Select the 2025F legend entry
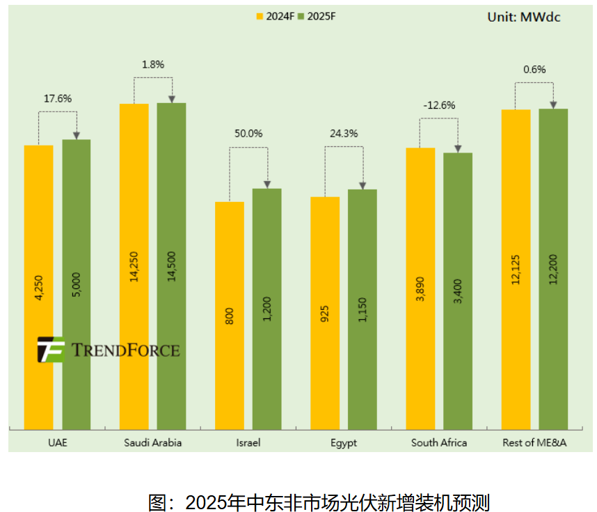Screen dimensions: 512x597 pos(317,15)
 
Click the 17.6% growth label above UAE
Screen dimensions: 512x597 pos(58,98)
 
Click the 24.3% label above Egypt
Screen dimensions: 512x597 pos(344,133)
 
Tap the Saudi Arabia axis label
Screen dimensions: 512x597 pos(152,442)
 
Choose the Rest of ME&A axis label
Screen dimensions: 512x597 pos(534,442)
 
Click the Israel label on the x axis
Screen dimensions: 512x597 pos(248,442)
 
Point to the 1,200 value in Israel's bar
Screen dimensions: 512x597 pos(267,308)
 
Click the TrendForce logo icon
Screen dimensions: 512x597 pos(51,350)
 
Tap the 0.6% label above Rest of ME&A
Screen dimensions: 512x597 pos(534,69)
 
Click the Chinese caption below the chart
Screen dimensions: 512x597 pos(319,502)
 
